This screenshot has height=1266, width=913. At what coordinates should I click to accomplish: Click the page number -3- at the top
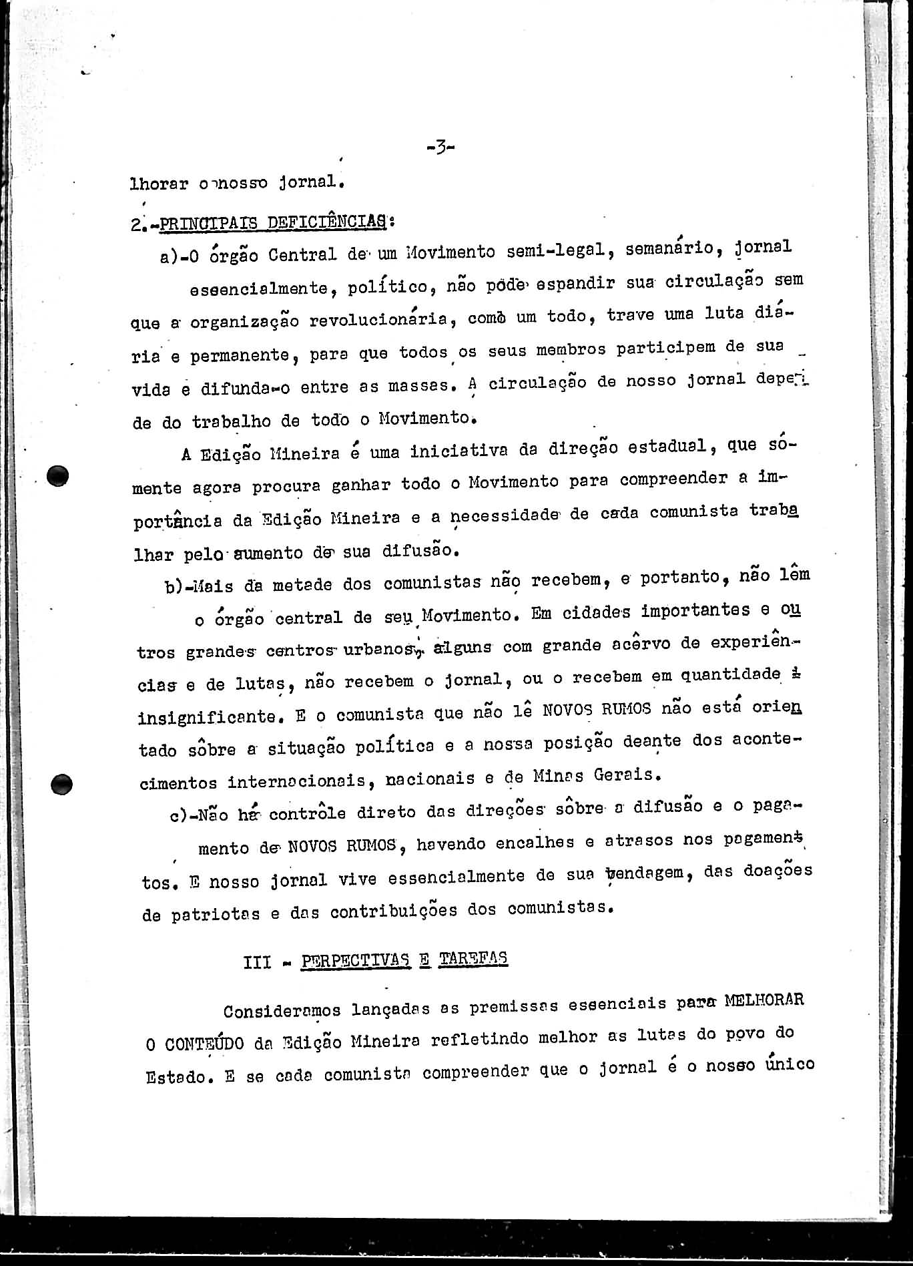coord(440,147)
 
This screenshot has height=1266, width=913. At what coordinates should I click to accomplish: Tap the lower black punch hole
coord(61,783)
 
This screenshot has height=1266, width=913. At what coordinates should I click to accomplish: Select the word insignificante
coord(207,717)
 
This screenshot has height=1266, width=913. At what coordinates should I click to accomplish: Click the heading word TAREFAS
coord(474,959)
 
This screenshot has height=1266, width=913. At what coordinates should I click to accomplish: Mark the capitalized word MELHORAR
coord(764,1001)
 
